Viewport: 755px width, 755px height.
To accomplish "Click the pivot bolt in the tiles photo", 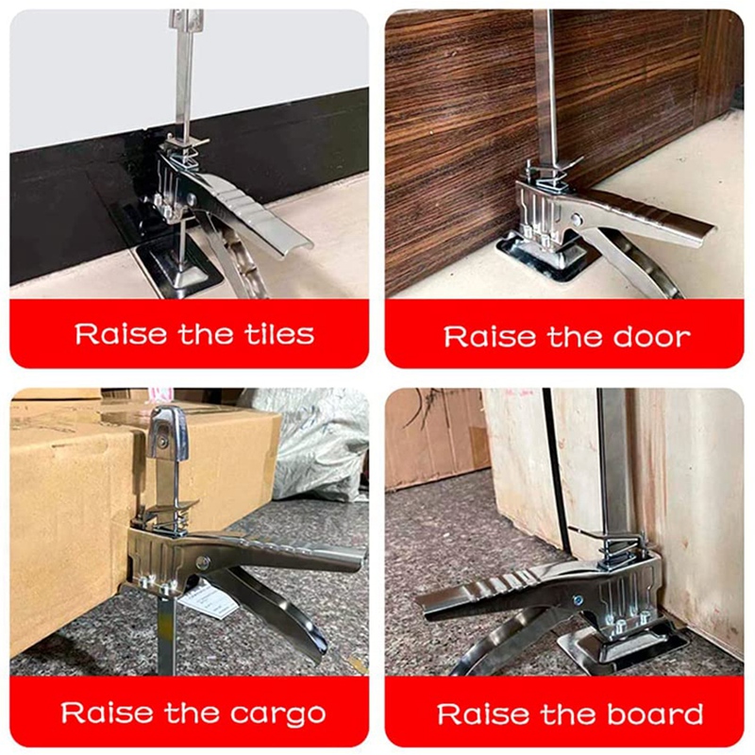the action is (x=192, y=199).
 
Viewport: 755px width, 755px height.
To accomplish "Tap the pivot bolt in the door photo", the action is (x=577, y=219).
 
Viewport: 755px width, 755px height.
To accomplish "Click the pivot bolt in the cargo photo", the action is (x=203, y=562).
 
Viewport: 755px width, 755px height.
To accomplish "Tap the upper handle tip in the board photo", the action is (x=427, y=603).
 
